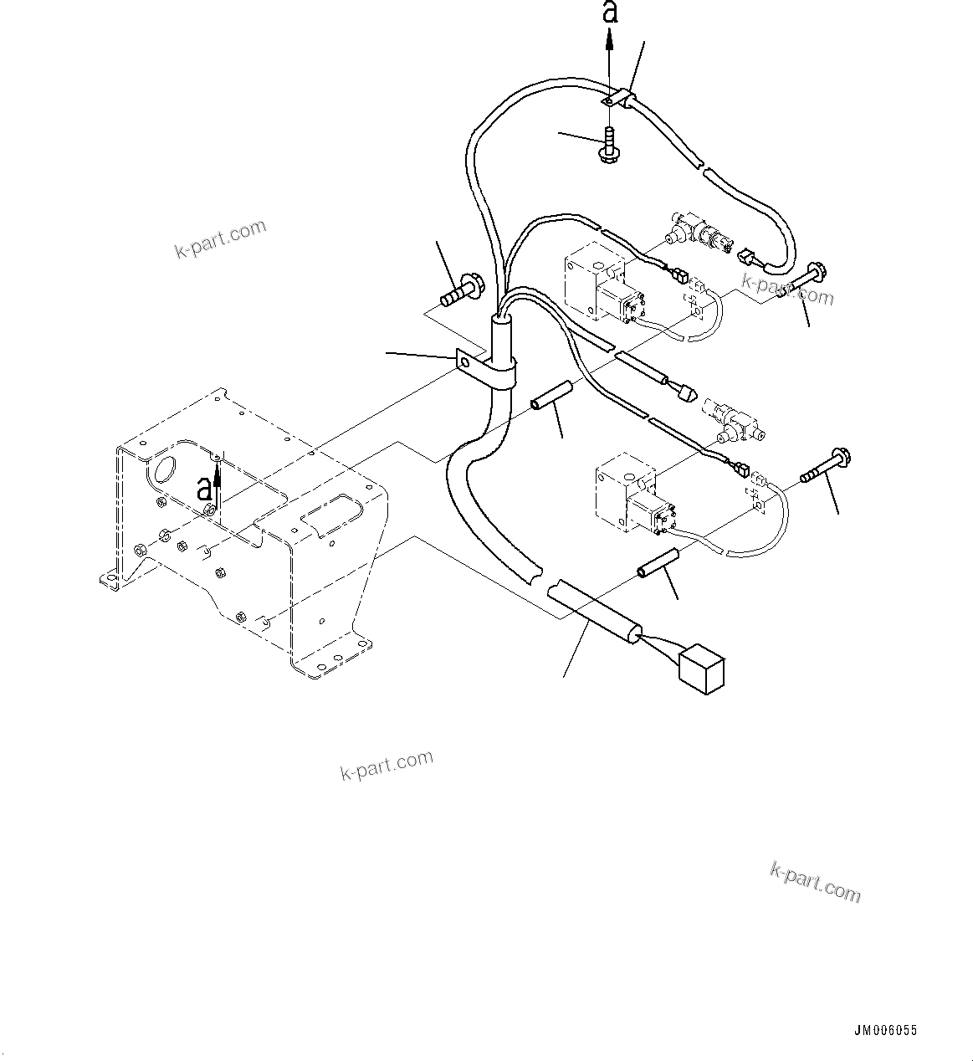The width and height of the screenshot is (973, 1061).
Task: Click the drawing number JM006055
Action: [x=885, y=1032]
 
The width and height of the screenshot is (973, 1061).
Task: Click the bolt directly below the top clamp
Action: [x=608, y=144]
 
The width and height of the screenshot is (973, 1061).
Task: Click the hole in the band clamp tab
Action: [x=463, y=361]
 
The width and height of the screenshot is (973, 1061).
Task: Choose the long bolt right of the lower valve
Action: [x=824, y=466]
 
